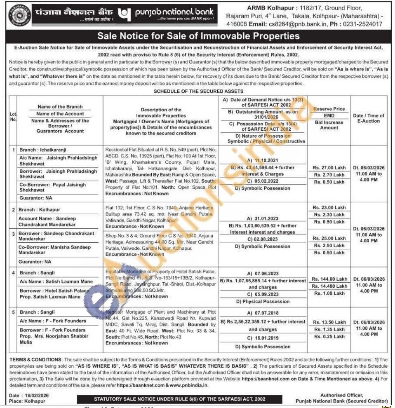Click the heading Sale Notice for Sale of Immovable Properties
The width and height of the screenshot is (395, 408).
pyautogui.click(x=197, y=37)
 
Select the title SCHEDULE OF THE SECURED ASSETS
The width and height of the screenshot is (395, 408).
pyautogui.click(x=197, y=91)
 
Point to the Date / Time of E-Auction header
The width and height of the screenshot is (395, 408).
pyautogui.click(x=368, y=118)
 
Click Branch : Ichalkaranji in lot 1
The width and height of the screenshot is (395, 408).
pyautogui.click(x=43, y=150)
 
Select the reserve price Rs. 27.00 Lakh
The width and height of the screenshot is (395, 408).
pyautogui.click(x=329, y=168)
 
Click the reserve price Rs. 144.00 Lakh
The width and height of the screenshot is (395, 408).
pyautogui.click(x=329, y=279)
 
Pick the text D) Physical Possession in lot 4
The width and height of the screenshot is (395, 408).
pyautogui.click(x=263, y=301)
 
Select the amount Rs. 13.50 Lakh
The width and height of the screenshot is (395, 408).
pyautogui.click(x=329, y=322)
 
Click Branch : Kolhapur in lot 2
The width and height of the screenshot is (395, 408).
pyautogui.click(x=39, y=209)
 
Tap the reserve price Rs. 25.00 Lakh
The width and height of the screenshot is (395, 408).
pyautogui.click(x=329, y=238)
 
